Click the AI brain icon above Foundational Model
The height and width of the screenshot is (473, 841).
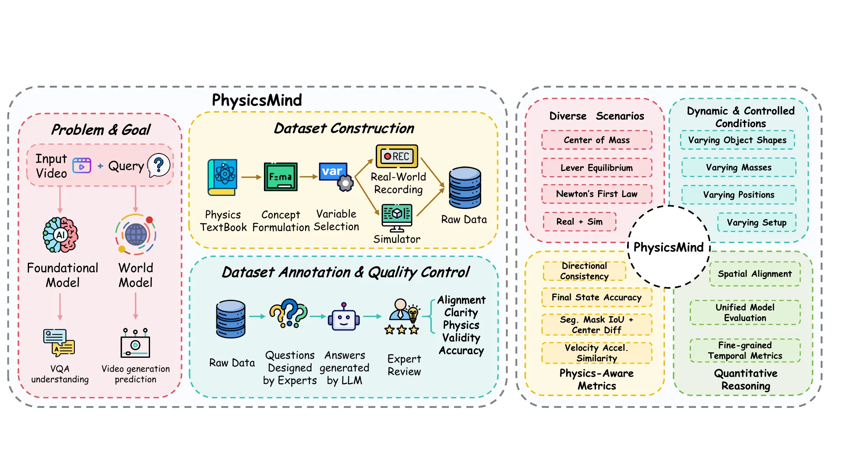(x=61, y=235)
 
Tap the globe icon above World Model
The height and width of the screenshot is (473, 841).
(x=136, y=234)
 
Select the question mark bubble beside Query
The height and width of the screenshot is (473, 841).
(x=159, y=165)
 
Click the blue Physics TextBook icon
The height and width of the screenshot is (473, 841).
(x=222, y=177)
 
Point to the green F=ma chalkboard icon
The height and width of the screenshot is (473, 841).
(x=280, y=177)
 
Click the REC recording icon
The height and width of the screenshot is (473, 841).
(x=397, y=156)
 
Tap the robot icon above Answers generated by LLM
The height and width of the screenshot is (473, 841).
(x=344, y=318)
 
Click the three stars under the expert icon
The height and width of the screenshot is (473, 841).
(x=402, y=330)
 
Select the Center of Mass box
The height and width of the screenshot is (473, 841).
(x=596, y=140)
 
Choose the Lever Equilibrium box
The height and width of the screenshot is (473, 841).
(x=596, y=168)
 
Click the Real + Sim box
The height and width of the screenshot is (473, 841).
(x=579, y=222)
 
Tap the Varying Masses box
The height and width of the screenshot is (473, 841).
(x=738, y=167)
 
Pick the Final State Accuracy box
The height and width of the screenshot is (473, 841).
(x=596, y=297)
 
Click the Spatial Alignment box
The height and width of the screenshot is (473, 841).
(x=754, y=274)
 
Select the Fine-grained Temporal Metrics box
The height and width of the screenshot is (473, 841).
(x=745, y=350)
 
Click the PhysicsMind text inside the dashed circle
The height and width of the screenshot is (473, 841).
(x=668, y=247)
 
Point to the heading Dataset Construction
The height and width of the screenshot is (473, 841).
(x=344, y=128)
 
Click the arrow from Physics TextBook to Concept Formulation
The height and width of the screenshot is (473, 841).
(x=251, y=177)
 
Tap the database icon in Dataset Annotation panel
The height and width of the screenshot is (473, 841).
(x=230, y=319)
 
